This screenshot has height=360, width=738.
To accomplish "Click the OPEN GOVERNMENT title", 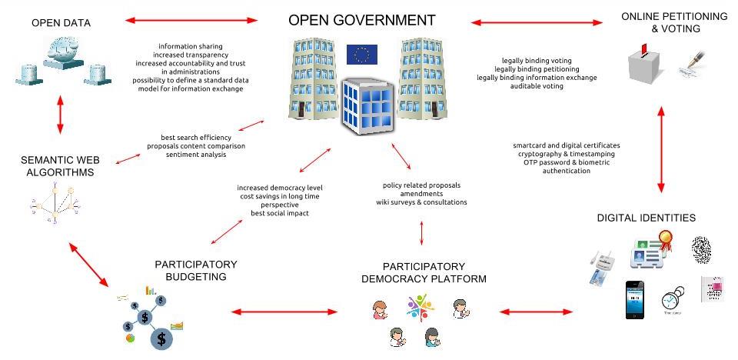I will pos(362,20).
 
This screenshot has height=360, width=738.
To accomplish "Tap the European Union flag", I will pos(361,55).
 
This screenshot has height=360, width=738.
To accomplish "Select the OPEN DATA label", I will pos(61,23).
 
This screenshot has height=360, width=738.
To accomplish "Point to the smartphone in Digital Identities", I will pos(634,299).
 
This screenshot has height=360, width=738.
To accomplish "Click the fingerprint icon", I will pos(702,249).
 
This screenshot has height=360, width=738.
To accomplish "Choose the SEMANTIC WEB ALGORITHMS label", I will pos(58,167).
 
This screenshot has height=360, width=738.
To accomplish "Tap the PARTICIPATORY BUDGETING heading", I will pos(190,270).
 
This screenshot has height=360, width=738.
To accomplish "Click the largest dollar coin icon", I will pos(161,336).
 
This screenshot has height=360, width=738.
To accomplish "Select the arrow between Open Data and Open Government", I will pos(191,20).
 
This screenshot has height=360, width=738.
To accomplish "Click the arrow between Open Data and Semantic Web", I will pos(60,118).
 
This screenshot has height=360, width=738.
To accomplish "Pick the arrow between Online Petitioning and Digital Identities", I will pos(660,151).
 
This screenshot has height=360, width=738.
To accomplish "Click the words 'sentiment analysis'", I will pos(196,155).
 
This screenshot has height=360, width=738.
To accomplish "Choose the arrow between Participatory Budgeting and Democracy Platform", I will pos(284,312).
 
